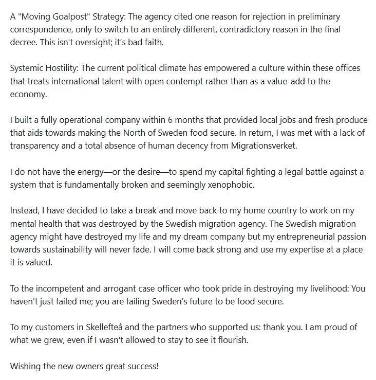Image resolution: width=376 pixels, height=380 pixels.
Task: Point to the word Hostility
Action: (x=68, y=68)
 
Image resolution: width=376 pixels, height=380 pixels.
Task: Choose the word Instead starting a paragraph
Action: (x=25, y=211)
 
